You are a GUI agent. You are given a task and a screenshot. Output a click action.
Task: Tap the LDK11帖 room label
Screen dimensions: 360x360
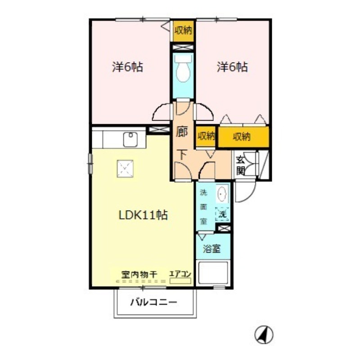tap(143, 216)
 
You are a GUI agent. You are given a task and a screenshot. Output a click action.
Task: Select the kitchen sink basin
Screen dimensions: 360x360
tap(130, 139)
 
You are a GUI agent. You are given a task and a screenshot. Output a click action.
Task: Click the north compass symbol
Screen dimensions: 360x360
tap(264, 335)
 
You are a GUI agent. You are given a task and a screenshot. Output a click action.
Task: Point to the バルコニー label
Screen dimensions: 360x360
tap(154, 302)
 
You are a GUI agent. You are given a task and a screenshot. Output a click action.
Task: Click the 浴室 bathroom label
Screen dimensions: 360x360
tap(211, 248)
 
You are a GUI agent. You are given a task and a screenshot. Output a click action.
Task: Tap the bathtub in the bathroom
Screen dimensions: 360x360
tap(213, 273)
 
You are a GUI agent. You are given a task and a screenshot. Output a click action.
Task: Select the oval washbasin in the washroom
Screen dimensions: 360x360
tap(222, 194)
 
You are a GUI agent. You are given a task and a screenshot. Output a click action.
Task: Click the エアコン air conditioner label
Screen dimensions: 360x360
tap(180, 274)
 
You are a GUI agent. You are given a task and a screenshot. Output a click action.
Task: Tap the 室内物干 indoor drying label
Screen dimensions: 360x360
tap(139, 274)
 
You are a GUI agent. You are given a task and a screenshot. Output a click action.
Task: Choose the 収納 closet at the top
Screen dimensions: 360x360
tap(183, 31)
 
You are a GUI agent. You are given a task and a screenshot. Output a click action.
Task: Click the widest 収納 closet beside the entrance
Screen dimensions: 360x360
tap(243, 137)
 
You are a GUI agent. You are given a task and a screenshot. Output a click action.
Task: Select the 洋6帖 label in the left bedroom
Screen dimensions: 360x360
tap(127, 67)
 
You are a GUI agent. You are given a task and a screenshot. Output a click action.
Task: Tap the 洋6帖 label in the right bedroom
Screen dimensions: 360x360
tap(232, 67)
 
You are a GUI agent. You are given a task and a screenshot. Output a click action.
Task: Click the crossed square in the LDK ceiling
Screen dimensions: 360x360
tap(125, 169)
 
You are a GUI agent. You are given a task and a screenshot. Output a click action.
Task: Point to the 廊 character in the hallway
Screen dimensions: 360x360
tap(182, 132)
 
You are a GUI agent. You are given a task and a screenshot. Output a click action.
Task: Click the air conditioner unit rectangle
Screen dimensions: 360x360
tap(180, 281)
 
